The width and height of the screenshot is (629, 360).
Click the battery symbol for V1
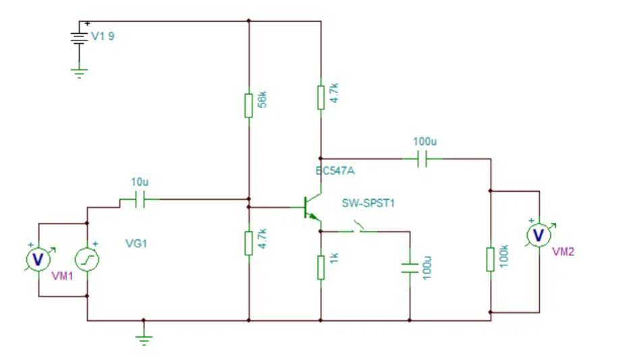click(79, 38)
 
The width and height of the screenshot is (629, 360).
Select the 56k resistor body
click(249, 105)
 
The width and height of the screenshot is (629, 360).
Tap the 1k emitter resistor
click(321, 267)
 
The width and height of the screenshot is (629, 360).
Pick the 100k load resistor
click(490, 259)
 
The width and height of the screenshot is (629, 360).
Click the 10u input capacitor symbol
click(140, 199)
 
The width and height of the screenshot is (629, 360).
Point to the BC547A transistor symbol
click(312, 207)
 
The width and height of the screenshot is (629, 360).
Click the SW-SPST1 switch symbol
click(358, 228)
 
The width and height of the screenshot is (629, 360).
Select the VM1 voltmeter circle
click(38, 259)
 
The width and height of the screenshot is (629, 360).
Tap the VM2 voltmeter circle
click(539, 235)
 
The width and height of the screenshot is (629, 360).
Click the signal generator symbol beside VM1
click(87, 259)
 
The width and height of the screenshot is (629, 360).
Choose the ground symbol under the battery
click(79, 73)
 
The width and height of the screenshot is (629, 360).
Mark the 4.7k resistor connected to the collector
click(321, 97)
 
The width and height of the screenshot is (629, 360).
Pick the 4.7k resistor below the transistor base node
click(249, 243)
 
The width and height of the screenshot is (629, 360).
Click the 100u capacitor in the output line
click(422, 159)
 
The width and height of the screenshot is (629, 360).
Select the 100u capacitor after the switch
click(410, 267)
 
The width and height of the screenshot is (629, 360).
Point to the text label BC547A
click(335, 171)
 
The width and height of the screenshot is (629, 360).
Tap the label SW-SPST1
click(368, 203)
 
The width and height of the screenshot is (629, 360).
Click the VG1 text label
click(136, 243)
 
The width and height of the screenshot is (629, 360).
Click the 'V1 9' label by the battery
click(103, 36)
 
